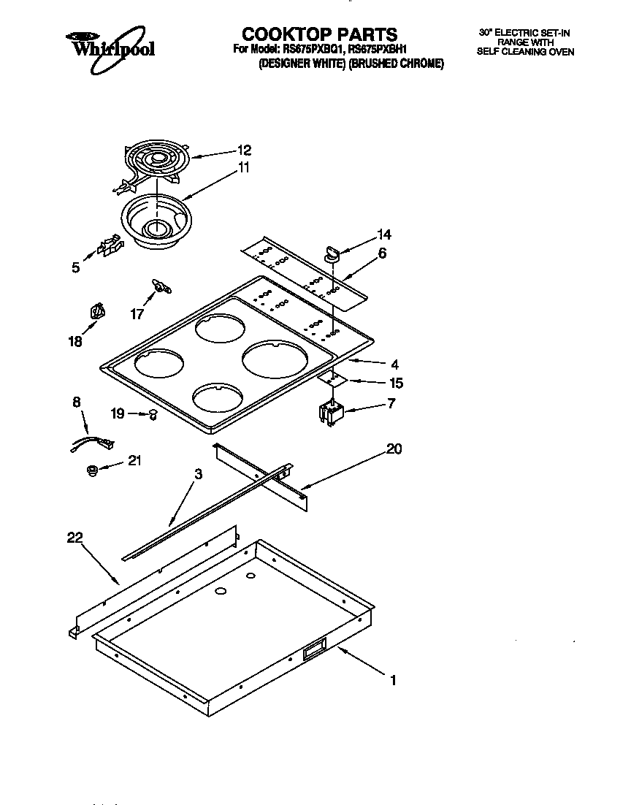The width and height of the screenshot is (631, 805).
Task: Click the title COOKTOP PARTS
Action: pos(319,34)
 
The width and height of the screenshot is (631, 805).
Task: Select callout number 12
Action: pos(244,150)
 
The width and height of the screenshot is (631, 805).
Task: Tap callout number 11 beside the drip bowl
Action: pos(243,167)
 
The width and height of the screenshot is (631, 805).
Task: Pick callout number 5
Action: pos(76,268)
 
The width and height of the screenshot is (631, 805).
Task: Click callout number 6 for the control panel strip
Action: pos(383,253)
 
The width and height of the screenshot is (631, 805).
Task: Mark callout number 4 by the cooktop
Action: pos(394,364)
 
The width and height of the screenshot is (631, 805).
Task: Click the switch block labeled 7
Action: pos(332,413)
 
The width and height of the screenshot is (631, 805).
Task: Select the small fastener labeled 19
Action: pos(153,414)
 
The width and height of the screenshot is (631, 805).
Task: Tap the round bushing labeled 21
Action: pos(92,470)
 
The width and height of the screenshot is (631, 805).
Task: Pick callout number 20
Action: pos(394,449)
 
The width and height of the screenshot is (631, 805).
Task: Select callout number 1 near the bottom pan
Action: pos(393,680)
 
